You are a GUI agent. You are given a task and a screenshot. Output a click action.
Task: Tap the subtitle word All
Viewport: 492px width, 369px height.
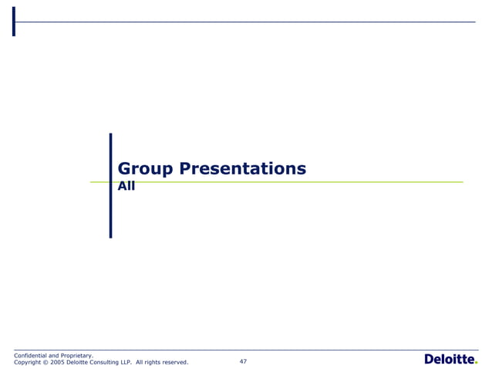(126, 186)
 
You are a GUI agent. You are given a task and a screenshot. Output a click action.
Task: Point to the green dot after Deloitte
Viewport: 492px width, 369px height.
(475, 363)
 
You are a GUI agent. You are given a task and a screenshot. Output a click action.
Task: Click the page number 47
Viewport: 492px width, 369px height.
(243, 361)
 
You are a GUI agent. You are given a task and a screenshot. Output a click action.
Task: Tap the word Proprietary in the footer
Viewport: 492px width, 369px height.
(77, 355)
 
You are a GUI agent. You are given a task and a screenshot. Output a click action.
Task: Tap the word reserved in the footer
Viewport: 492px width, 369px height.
(174, 362)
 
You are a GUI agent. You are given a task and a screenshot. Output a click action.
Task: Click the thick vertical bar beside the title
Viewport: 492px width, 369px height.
(110, 185)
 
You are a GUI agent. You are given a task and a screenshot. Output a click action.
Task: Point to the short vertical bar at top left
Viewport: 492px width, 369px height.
(14, 22)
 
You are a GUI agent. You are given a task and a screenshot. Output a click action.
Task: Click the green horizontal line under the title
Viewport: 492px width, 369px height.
(308, 182)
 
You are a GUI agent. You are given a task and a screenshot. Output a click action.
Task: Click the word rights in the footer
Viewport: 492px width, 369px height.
(153, 362)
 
